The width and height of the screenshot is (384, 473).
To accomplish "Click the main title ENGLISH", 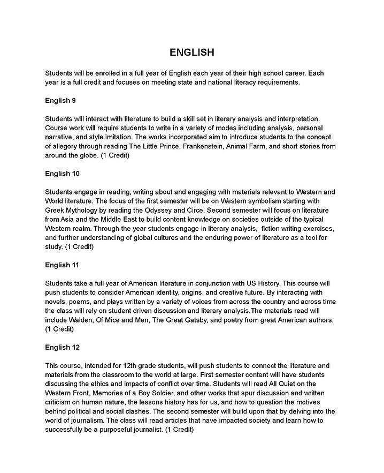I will (192, 52).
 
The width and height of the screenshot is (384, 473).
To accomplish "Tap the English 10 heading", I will (63, 174).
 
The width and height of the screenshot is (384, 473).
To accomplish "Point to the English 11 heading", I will (63, 265).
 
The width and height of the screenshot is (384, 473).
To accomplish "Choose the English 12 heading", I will (63, 347).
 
